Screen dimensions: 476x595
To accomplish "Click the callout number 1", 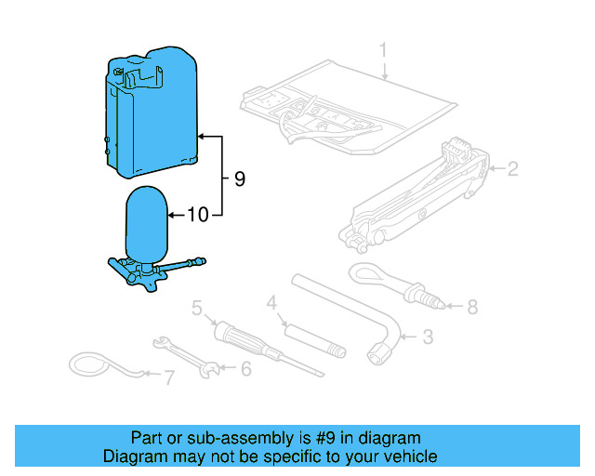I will coord(383,49).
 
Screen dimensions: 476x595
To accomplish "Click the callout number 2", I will coord(511,169).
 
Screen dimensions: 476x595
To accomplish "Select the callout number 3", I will coord(429,337).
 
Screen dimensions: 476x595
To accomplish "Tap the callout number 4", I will coord(271,302).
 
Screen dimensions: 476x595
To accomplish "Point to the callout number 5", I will coord(197,307).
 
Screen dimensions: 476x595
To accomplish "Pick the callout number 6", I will coord(245,369).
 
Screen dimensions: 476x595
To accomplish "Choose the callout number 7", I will coord(168,378).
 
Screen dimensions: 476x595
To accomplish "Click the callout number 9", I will coord(240,178).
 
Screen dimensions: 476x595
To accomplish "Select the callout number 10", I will coord(197,216).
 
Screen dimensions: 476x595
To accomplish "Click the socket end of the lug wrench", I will coord(380,351).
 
